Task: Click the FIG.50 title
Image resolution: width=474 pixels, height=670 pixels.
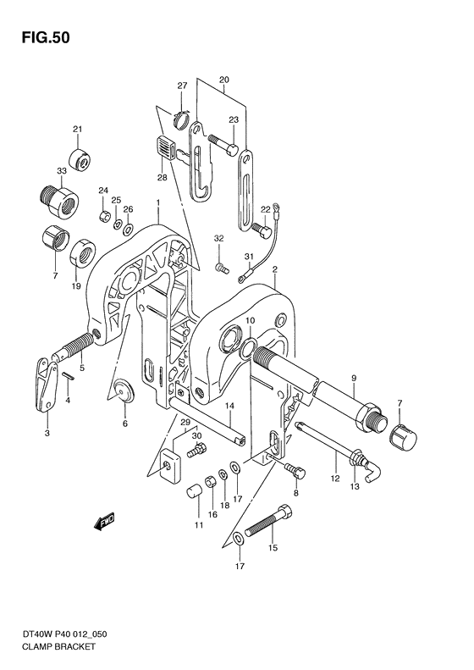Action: point(41,38)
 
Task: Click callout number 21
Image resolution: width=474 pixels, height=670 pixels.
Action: point(76,130)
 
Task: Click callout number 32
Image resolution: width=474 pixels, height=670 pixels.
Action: point(219,241)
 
